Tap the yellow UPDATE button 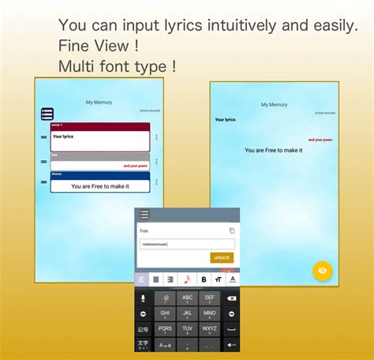point(222,257)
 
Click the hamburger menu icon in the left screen point(47,114)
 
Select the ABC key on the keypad point(187,298)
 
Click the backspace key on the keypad point(231,298)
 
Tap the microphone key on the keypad point(143,298)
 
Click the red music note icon point(187,279)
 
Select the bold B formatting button point(203,279)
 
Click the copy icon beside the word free point(231,231)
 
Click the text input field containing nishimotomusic point(186,244)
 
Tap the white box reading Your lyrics point(100,141)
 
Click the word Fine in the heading point(74,46)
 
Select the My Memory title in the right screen point(274,104)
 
